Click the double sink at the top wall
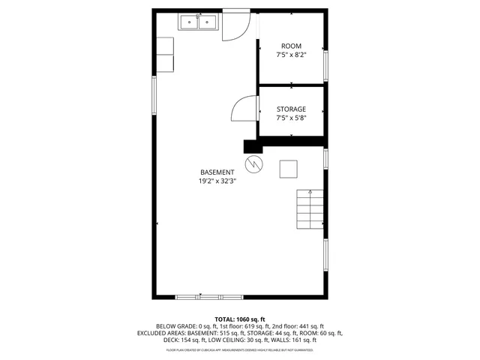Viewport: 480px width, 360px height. click(x=197, y=22)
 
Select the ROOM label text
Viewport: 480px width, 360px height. click(x=291, y=46)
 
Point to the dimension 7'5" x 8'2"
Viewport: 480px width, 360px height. click(x=291, y=55)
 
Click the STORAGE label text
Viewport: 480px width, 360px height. click(x=291, y=109)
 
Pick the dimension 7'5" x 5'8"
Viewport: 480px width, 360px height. click(x=291, y=118)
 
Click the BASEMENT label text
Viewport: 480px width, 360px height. click(x=217, y=172)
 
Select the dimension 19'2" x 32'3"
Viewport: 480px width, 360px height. click(x=217, y=181)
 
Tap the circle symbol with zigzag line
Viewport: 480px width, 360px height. click(x=253, y=163)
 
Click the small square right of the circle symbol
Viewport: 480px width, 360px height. click(x=288, y=169)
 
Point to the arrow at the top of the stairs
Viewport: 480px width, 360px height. click(x=310, y=193)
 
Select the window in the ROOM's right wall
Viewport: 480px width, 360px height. click(x=325, y=64)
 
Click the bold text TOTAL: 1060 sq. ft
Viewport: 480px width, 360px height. click(x=240, y=319)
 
